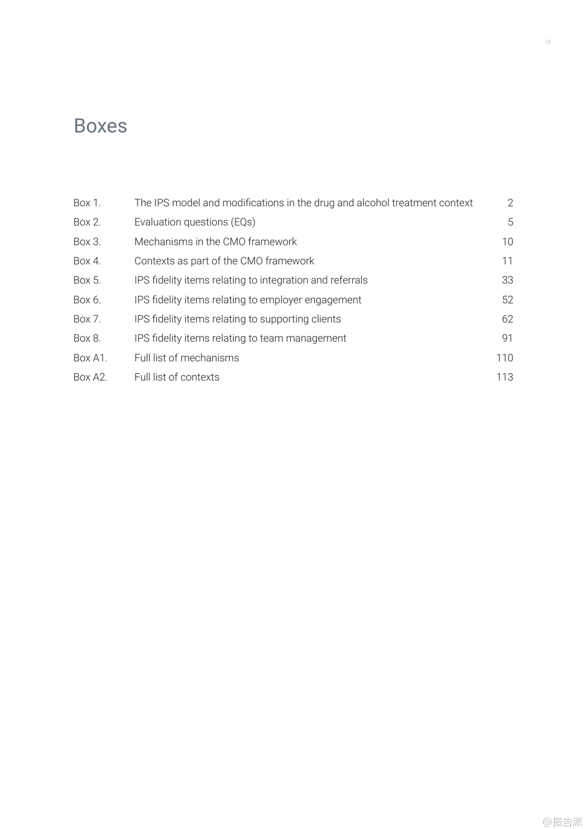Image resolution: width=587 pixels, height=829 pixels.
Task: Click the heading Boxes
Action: (100, 126)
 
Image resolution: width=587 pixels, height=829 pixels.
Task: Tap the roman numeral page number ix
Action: (548, 42)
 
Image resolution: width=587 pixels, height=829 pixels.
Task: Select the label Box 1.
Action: (87, 203)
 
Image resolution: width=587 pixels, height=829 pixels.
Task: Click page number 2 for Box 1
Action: (510, 203)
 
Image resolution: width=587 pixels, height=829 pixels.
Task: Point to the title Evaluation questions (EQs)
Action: (195, 222)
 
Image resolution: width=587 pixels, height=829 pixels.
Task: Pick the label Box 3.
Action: (87, 242)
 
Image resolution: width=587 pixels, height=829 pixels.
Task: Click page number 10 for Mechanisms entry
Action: (507, 242)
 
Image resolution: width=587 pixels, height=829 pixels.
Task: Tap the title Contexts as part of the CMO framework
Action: (224, 261)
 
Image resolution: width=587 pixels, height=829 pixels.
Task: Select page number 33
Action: (507, 280)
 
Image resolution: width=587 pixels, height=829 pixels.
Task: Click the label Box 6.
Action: (87, 300)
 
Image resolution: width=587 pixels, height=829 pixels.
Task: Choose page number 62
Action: (507, 319)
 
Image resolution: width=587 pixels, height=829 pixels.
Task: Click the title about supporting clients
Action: (237, 319)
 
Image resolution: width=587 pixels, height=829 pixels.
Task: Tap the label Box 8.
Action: (87, 338)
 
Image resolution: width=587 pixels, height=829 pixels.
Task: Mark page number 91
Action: (507, 338)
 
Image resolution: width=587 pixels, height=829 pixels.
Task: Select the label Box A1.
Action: (90, 358)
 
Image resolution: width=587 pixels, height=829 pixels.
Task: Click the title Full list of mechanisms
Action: (186, 358)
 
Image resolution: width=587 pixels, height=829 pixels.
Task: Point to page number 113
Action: (505, 377)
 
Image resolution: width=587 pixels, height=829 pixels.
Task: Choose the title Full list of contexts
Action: (176, 377)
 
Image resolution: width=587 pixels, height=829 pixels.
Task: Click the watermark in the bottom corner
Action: (562, 821)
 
